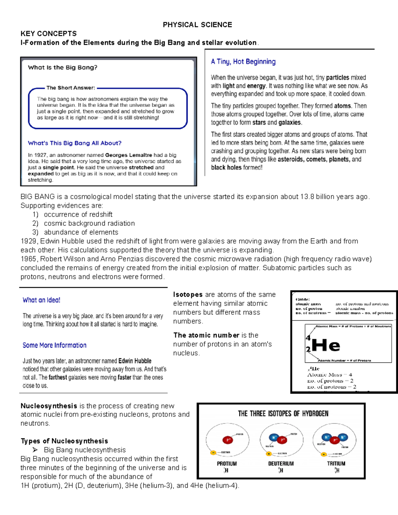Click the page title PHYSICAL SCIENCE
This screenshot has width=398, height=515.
coord(197,25)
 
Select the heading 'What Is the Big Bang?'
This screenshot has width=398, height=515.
coord(63,67)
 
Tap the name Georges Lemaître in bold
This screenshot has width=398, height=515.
coord(129,155)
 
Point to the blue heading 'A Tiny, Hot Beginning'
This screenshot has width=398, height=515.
coord(243,62)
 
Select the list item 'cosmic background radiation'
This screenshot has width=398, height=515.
coord(89,223)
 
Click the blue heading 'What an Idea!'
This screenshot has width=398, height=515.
coord(41,300)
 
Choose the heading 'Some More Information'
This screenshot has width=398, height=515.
coord(54,345)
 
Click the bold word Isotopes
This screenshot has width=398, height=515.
coord(188,294)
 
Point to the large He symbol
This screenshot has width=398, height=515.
coord(326,346)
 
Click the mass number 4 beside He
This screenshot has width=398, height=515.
coord(308,338)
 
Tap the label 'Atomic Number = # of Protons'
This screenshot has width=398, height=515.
coord(344,360)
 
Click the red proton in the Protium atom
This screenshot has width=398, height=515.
coord(228,440)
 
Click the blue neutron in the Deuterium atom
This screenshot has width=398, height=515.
coord(273,437)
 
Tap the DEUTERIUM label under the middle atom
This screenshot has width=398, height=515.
coord(281,464)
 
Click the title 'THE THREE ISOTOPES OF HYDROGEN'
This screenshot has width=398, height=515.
coord(283,414)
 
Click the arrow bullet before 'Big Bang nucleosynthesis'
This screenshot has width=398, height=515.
coord(35,450)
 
